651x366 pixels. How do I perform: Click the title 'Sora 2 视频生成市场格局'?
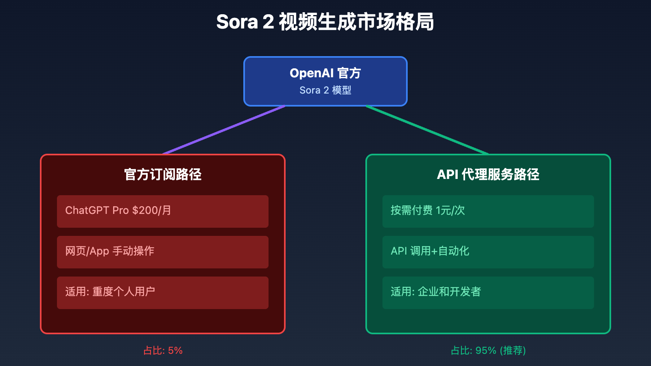(325, 22)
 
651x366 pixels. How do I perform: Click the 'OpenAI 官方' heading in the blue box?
(325, 73)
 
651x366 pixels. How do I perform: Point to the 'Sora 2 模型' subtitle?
(325, 90)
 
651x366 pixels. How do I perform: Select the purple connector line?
(224, 130)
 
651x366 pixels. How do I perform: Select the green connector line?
(427, 130)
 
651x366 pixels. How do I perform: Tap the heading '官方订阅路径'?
(163, 174)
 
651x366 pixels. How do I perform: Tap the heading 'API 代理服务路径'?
(488, 174)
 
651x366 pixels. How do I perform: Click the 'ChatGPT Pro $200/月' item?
(163, 211)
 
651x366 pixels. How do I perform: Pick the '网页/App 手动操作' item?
(163, 252)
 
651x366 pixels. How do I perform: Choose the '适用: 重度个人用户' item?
(163, 293)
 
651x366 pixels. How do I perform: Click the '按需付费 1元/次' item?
(488, 211)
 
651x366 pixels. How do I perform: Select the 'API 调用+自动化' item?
(488, 252)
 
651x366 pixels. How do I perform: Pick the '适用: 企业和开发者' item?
(488, 293)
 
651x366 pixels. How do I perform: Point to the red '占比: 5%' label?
(163, 351)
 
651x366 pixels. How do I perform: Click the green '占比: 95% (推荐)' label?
(488, 351)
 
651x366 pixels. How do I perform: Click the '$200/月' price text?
(152, 210)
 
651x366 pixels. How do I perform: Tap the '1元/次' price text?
(450, 210)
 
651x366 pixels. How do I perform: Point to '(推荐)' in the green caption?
(513, 351)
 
